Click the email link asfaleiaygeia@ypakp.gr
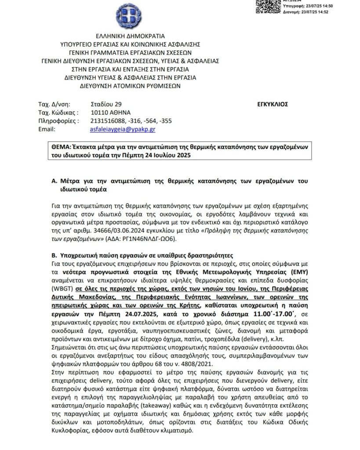coord(122,130)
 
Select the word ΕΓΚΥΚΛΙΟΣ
coord(272,105)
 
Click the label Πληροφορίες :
coord(59,121)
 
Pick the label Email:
coord(47,130)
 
